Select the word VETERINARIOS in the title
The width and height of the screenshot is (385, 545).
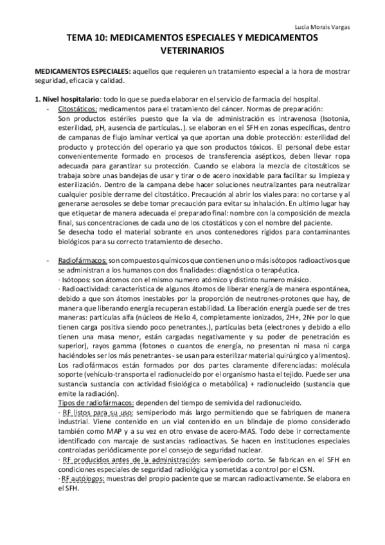point(192,49)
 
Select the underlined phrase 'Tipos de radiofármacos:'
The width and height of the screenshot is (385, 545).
point(97,402)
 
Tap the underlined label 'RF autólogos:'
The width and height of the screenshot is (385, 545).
point(84,479)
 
